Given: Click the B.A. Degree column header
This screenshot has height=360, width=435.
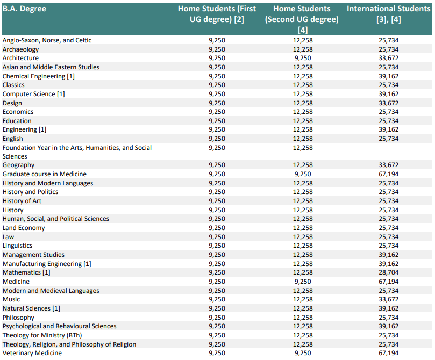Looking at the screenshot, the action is pyautogui.click(x=24, y=9).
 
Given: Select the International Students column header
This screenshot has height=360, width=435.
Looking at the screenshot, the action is pyautogui.click(x=388, y=14).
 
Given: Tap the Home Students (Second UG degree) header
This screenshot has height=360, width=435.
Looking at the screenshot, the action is pyautogui.click(x=302, y=19).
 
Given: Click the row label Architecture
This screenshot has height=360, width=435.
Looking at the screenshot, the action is pyautogui.click(x=20, y=58).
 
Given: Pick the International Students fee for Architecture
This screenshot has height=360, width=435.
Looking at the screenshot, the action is pyautogui.click(x=388, y=58).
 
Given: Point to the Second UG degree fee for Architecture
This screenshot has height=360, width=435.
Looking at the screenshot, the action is pyautogui.click(x=303, y=58).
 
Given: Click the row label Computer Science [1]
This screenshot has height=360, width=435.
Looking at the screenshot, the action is pyautogui.click(x=33, y=94).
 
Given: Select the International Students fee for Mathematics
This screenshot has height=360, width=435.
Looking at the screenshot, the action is pyautogui.click(x=388, y=272).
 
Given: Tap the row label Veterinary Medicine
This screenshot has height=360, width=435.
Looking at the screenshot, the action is pyautogui.click(x=32, y=353).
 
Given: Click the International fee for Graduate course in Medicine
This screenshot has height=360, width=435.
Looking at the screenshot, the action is pyautogui.click(x=388, y=174).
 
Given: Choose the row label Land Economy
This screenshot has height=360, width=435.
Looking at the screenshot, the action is pyautogui.click(x=24, y=228).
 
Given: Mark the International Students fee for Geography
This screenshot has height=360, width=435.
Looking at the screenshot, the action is pyautogui.click(x=388, y=165).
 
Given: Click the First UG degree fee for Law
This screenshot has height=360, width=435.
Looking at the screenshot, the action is pyautogui.click(x=217, y=237).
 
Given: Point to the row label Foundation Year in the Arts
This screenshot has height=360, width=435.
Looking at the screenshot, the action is pyautogui.click(x=77, y=152).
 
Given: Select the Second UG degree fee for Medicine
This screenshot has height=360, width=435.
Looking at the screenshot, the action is pyautogui.click(x=303, y=282).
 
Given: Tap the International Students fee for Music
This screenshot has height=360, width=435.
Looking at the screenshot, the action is pyautogui.click(x=388, y=299).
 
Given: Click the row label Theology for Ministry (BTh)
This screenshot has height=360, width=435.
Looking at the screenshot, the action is pyautogui.click(x=42, y=335).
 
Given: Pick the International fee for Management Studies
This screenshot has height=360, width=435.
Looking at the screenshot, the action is pyautogui.click(x=388, y=255).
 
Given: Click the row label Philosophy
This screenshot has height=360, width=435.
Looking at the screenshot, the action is pyautogui.click(x=18, y=318).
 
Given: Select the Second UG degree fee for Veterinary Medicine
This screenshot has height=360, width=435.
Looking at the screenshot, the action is pyautogui.click(x=303, y=353).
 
